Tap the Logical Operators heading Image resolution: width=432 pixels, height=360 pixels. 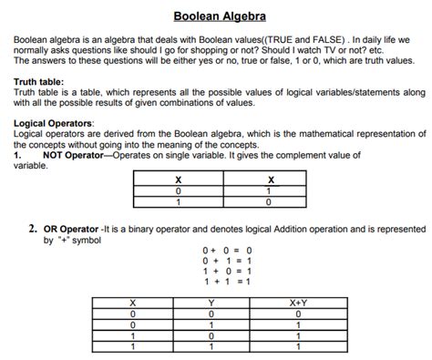point(54,122)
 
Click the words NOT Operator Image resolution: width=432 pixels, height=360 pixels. point(76,156)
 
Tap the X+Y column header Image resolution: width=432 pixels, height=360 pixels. point(298,302)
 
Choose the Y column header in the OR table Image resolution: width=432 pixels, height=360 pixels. point(211,302)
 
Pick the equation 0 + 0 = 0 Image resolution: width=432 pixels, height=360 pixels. point(227,250)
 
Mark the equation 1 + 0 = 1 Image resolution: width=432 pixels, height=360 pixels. point(227,271)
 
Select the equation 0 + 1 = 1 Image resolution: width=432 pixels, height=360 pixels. point(227,260)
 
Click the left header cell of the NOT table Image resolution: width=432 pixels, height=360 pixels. point(179,180)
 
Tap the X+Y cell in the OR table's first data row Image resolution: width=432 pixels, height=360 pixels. point(298,313)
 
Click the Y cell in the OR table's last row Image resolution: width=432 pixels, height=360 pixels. point(211,346)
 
